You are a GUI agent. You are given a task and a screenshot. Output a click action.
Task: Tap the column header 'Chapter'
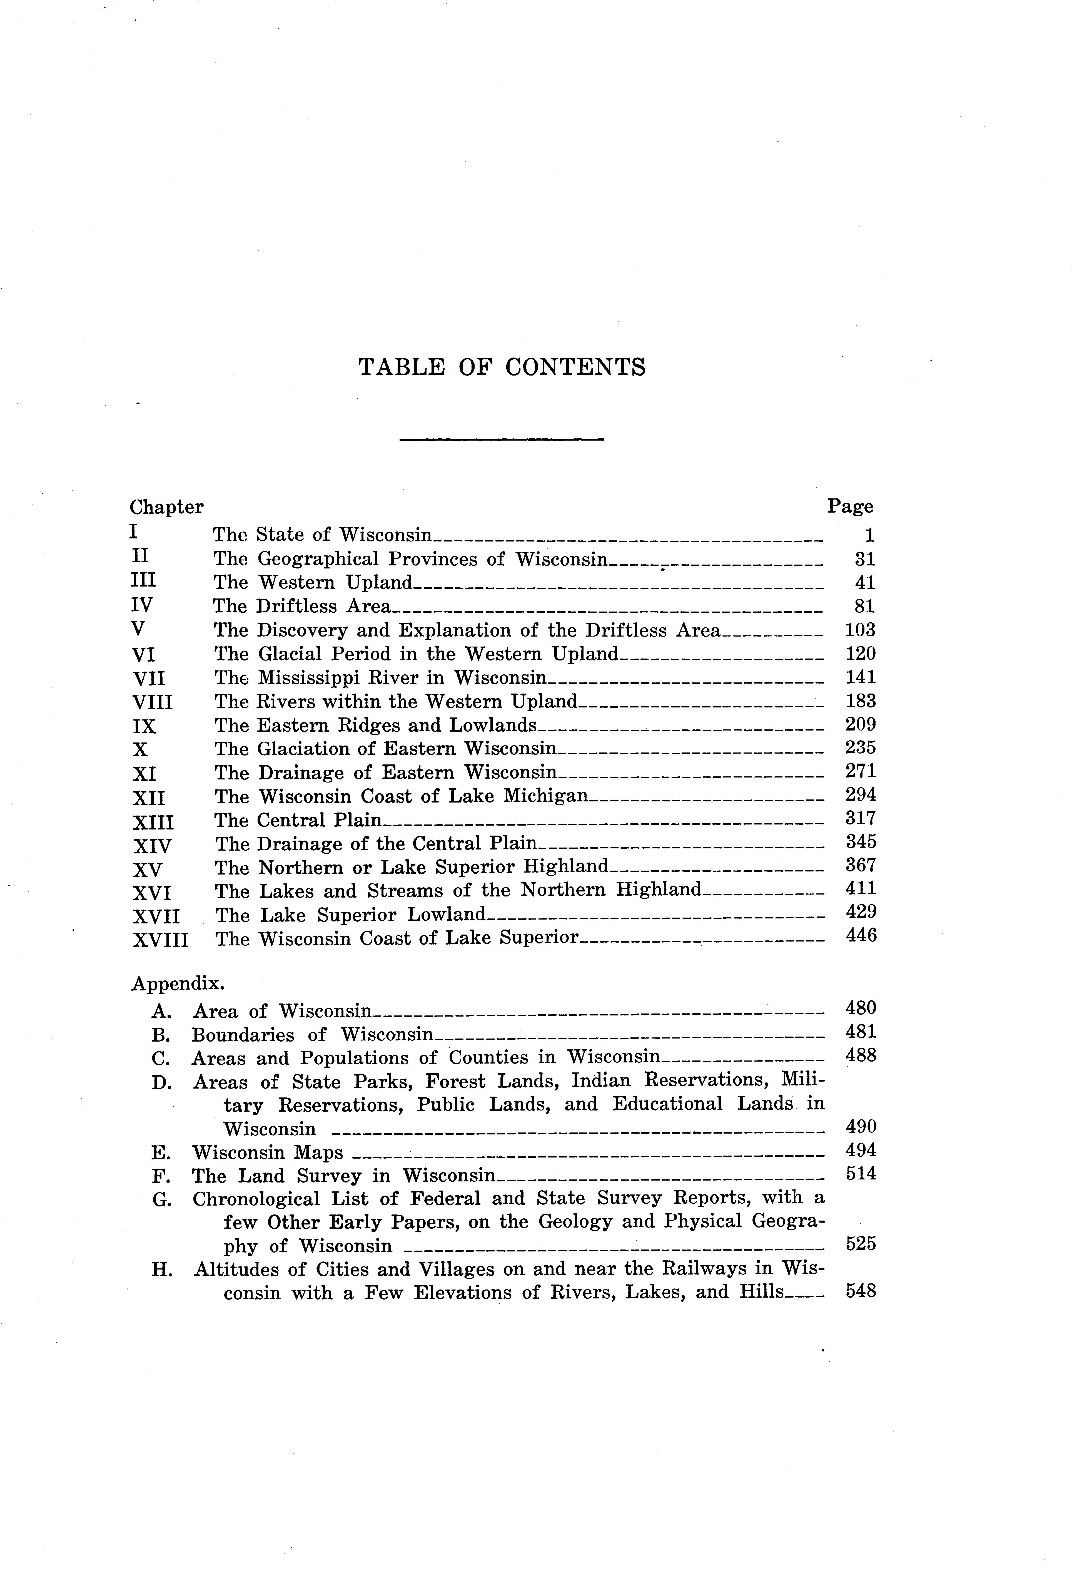click(x=166, y=507)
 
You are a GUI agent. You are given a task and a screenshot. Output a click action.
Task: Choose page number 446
click(x=861, y=936)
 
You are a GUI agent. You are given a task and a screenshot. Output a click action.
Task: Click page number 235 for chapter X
click(x=861, y=748)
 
